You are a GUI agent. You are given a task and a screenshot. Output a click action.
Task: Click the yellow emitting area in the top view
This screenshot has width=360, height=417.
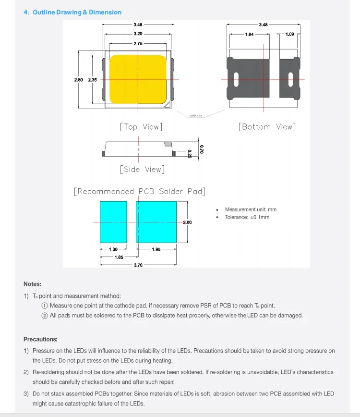pyautogui.click(x=138, y=79)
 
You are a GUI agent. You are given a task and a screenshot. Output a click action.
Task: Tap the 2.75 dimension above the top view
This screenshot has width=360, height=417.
pyautogui.click(x=138, y=43)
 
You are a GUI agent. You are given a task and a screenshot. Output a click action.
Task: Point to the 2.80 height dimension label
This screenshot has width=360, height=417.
pyautogui.click(x=78, y=80)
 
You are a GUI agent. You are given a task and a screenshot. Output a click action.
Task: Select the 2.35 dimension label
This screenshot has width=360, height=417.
pyautogui.click(x=92, y=80)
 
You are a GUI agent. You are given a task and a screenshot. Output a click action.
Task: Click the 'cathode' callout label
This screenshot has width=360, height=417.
pyautogui.click(x=196, y=116)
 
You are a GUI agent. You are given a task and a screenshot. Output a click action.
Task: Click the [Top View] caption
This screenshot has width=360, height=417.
pyautogui.click(x=141, y=127)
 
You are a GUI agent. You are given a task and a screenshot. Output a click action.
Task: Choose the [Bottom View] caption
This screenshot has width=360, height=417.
pyautogui.click(x=267, y=127)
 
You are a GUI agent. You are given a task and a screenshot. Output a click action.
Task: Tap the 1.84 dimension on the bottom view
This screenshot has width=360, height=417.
pyautogui.click(x=249, y=35)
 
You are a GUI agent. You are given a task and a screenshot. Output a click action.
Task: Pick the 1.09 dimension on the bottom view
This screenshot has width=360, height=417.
pyautogui.click(x=289, y=35)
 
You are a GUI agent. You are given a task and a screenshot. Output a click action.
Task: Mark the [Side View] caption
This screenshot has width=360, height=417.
pyautogui.click(x=143, y=169)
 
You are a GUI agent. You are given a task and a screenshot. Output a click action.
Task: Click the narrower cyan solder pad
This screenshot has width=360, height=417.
pyautogui.click(x=113, y=221)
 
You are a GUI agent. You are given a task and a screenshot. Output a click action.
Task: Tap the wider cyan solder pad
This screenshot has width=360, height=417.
pyautogui.click(x=156, y=221)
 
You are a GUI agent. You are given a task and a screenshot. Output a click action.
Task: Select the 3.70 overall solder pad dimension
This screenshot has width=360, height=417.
pyautogui.click(x=138, y=265)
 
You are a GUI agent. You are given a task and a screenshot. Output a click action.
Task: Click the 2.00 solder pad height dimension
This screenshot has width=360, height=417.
pyautogui.click(x=187, y=222)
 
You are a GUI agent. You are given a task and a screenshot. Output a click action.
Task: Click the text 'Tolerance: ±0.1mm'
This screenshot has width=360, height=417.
pyautogui.click(x=247, y=217)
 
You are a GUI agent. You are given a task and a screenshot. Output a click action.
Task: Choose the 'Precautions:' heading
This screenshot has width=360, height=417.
pyautogui.click(x=40, y=339)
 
